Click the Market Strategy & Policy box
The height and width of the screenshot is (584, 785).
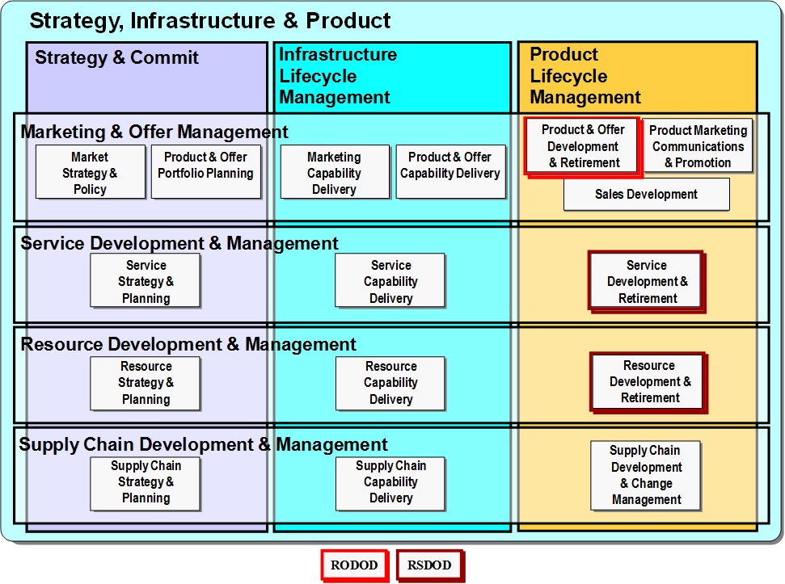click(91, 172)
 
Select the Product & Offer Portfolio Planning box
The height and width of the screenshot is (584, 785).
click(206, 172)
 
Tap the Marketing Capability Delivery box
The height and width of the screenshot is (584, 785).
click(335, 172)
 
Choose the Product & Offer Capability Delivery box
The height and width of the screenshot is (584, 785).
click(450, 172)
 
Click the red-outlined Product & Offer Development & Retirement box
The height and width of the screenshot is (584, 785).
click(583, 146)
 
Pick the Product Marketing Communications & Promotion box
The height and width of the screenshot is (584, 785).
click(698, 145)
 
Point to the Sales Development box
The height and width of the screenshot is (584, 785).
click(646, 195)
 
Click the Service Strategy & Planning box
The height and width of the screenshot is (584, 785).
click(146, 280)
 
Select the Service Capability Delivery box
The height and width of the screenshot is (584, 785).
click(390, 280)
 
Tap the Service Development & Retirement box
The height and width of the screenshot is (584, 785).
click(647, 282)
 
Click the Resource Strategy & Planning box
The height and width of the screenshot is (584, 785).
click(146, 383)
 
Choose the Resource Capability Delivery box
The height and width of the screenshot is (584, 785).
click(390, 383)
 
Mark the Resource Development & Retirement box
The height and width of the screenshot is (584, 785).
click(649, 383)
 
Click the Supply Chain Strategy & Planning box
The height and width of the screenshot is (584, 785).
click(146, 484)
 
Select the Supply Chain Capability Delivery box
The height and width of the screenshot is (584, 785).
click(390, 484)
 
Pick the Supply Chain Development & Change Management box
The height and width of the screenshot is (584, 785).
click(646, 476)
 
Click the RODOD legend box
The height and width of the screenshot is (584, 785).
click(354, 565)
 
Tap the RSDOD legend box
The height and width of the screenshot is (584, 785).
click(430, 565)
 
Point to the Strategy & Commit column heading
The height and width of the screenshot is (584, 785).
click(116, 57)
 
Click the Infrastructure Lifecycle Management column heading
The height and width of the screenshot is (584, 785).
click(338, 75)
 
